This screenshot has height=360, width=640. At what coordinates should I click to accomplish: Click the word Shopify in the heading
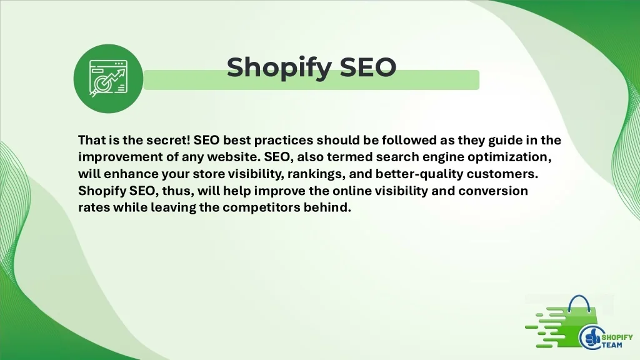pos(279,67)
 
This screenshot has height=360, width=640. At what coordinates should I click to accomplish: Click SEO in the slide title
pos(367,67)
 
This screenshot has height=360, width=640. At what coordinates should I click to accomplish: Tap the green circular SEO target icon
pos(108,79)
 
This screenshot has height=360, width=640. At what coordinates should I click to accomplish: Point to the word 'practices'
pos(284,141)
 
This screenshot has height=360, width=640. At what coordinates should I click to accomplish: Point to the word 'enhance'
pos(131,174)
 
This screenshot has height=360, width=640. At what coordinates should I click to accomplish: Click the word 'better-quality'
pos(419,174)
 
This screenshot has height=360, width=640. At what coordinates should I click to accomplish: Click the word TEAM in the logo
pos(612,345)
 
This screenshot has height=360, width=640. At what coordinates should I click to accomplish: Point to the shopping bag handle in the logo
pos(579,301)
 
